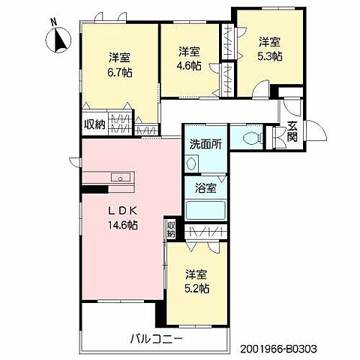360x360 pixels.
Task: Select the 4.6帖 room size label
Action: point(189,65)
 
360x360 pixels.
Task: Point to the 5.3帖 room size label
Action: point(269,56)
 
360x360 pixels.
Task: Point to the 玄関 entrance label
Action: point(291,133)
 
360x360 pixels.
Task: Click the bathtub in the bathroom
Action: point(204,209)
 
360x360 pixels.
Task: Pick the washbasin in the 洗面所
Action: point(190,164)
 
